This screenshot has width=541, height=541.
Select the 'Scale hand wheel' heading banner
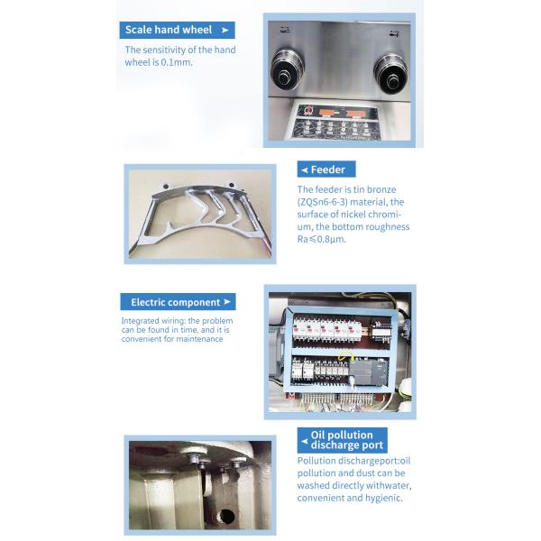coord(177,30)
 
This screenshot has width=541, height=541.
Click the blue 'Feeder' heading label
coord(326,169)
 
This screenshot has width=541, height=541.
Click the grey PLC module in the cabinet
coord(367,370)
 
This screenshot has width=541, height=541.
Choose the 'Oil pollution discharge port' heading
coord(342,440)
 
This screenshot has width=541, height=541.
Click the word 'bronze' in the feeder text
coord(381,189)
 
